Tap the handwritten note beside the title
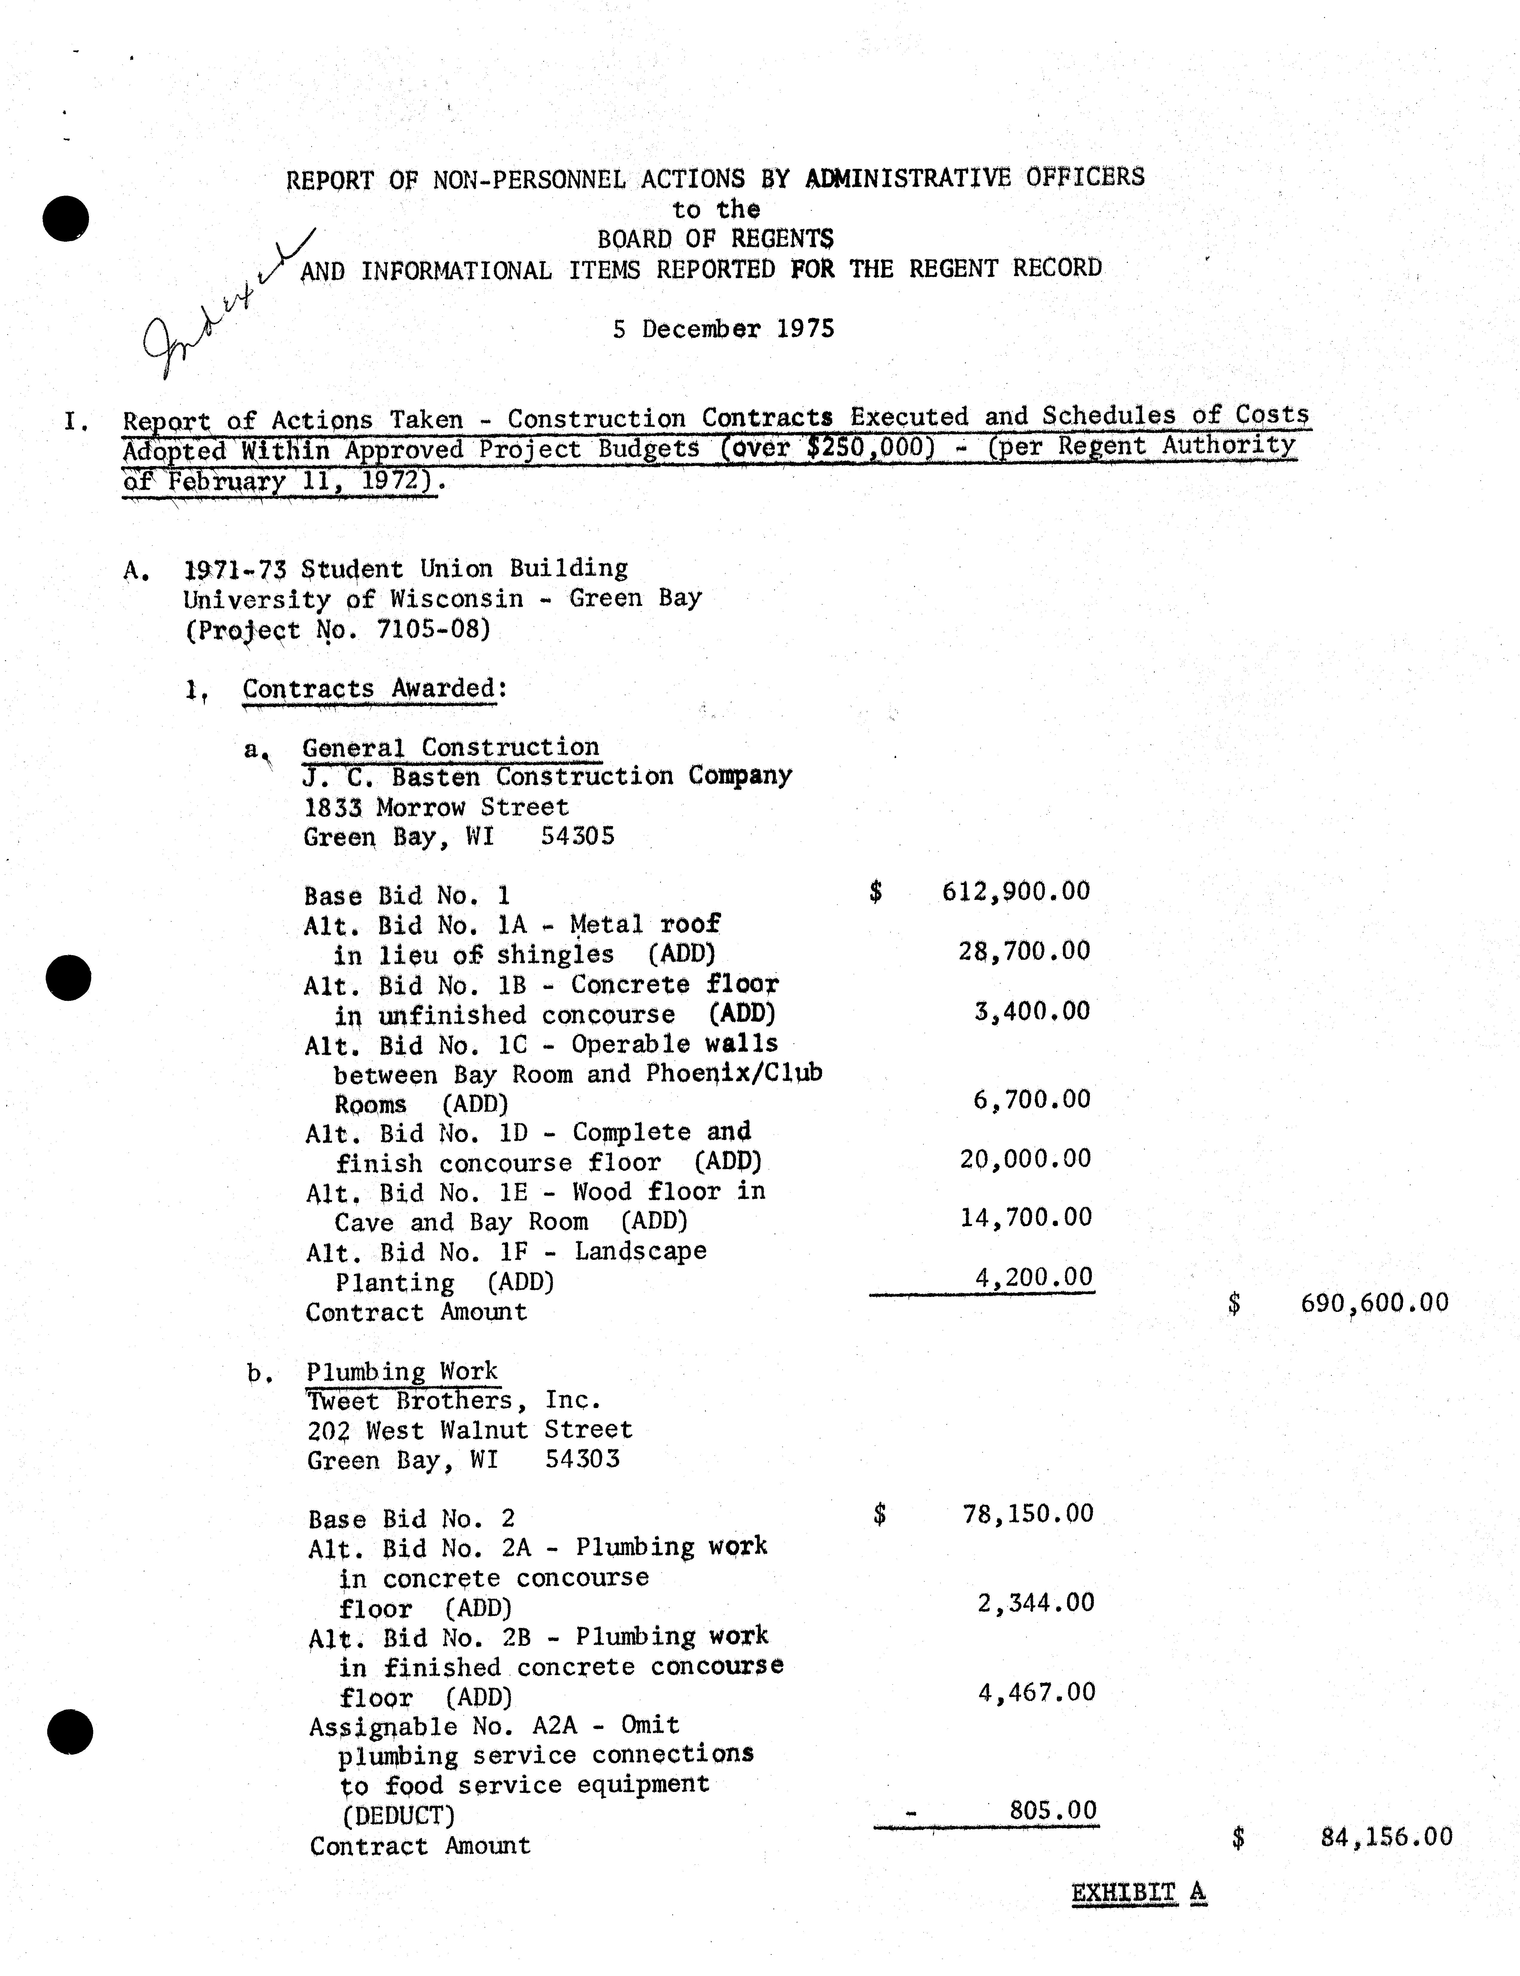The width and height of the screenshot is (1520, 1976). coord(226,308)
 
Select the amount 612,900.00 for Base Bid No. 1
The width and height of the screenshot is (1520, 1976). coord(1015,892)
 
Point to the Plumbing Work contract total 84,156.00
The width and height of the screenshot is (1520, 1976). coord(1386,1837)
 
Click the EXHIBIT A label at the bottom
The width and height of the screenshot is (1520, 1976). coord(1138,1893)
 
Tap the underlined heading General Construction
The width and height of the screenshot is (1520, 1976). coord(451,747)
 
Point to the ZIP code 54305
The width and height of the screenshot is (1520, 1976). coord(577,836)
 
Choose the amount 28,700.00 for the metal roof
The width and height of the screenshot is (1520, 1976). coord(1024,951)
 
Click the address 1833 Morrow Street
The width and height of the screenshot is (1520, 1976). coord(436,807)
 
